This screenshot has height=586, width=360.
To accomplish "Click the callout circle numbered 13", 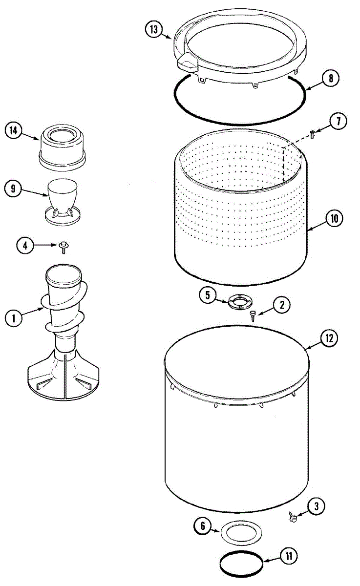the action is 154,29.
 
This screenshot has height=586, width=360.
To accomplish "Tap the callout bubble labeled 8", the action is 330,78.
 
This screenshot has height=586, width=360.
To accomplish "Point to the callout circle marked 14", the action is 14,130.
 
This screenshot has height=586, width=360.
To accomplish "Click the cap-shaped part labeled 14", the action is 63,146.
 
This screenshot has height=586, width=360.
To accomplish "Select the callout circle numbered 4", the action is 25,245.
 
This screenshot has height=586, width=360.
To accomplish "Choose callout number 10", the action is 335,218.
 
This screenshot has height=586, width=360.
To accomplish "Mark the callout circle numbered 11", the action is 289,556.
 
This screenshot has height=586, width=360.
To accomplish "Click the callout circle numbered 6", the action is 202,526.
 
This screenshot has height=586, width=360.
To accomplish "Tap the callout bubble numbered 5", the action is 208,295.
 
